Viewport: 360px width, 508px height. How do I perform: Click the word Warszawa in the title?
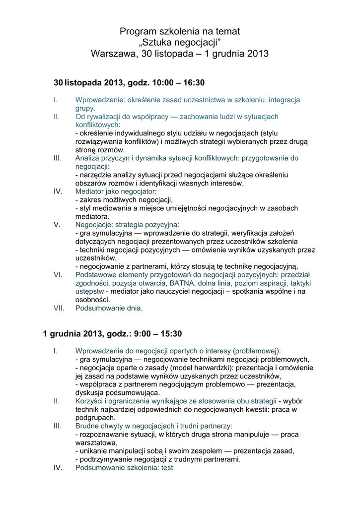coord(112,54)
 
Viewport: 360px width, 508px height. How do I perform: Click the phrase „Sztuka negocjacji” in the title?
coord(179,43)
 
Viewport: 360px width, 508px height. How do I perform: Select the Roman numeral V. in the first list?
coord(57,224)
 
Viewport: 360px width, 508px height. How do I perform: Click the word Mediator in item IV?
coord(90,191)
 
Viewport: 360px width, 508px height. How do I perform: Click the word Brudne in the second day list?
coord(88,426)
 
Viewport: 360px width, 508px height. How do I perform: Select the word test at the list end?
coord(164,468)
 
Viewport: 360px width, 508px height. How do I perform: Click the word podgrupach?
coord(94,418)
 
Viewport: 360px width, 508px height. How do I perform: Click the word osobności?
coord(92,300)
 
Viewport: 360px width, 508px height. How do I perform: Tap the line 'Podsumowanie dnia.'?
coord(109,308)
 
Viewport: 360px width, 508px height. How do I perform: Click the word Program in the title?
coord(138,32)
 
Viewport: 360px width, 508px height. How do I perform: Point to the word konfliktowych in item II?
coord(97,125)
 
